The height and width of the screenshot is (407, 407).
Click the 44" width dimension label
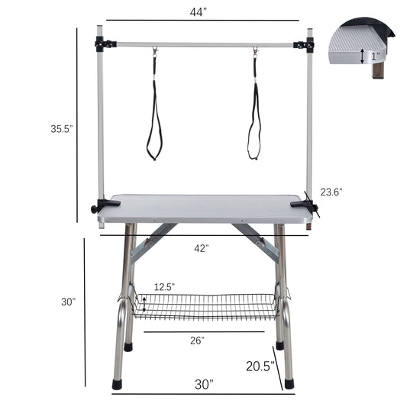202,12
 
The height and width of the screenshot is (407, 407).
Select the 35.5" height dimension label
61,129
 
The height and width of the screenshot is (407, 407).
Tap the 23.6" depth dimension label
331,192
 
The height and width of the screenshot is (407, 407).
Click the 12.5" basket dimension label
164,286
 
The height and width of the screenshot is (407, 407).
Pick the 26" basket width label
197,341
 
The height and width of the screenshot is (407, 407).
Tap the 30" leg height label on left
69,302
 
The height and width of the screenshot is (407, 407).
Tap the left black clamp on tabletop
100,206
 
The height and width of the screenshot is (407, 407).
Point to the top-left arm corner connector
105,44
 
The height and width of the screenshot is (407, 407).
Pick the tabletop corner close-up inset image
362,50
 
